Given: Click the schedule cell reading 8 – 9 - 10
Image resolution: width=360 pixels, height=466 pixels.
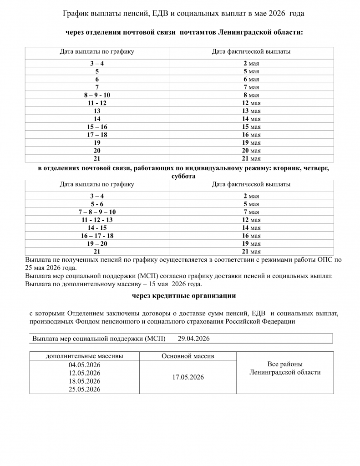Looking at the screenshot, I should [97, 95].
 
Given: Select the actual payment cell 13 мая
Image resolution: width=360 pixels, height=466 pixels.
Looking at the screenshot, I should [251, 111].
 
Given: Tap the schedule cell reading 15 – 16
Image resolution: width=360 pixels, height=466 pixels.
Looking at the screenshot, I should [97, 127].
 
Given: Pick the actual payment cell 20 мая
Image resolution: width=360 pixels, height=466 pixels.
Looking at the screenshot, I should [251, 151].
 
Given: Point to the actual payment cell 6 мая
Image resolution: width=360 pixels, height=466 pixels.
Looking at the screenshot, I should [251, 79].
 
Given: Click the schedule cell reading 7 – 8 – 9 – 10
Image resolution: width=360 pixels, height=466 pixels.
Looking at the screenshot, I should [97, 212].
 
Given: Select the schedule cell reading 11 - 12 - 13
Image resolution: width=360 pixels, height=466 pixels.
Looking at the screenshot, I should [97, 220].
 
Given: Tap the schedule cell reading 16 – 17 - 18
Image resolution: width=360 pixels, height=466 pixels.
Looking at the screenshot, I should [97, 236].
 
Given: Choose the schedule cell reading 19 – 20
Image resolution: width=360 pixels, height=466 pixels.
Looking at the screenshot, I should [97, 243].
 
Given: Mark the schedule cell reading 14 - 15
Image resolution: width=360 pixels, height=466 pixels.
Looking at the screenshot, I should [97, 228].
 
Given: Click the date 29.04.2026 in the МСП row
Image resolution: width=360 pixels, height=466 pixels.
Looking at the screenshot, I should [194, 339].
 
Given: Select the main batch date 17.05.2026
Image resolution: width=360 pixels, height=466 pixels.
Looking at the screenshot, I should [188, 377].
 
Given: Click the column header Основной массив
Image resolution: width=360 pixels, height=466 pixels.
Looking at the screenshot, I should [188, 356].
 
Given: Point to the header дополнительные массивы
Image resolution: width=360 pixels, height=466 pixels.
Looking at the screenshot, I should [84, 356].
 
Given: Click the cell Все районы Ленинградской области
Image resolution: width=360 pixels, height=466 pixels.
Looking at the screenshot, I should [285, 368].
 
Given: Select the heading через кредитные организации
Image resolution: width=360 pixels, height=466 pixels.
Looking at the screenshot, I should [184, 296].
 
